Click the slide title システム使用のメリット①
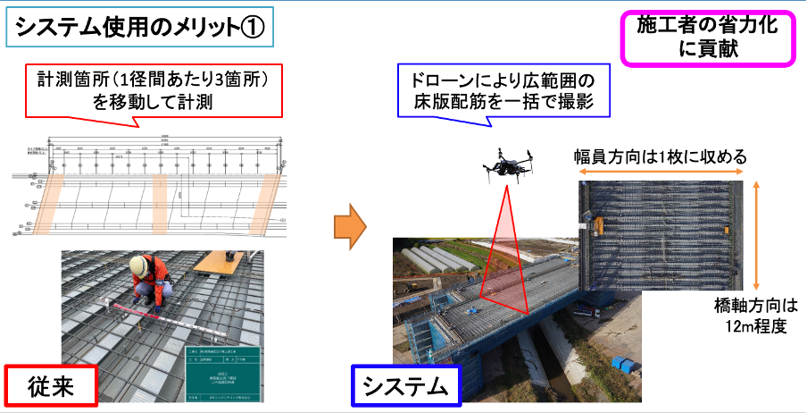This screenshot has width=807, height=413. click(x=138, y=28)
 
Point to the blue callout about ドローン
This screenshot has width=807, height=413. click(x=505, y=90)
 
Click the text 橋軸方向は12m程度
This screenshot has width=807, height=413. click(x=755, y=315)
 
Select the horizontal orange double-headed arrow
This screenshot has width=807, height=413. click(x=662, y=174)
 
